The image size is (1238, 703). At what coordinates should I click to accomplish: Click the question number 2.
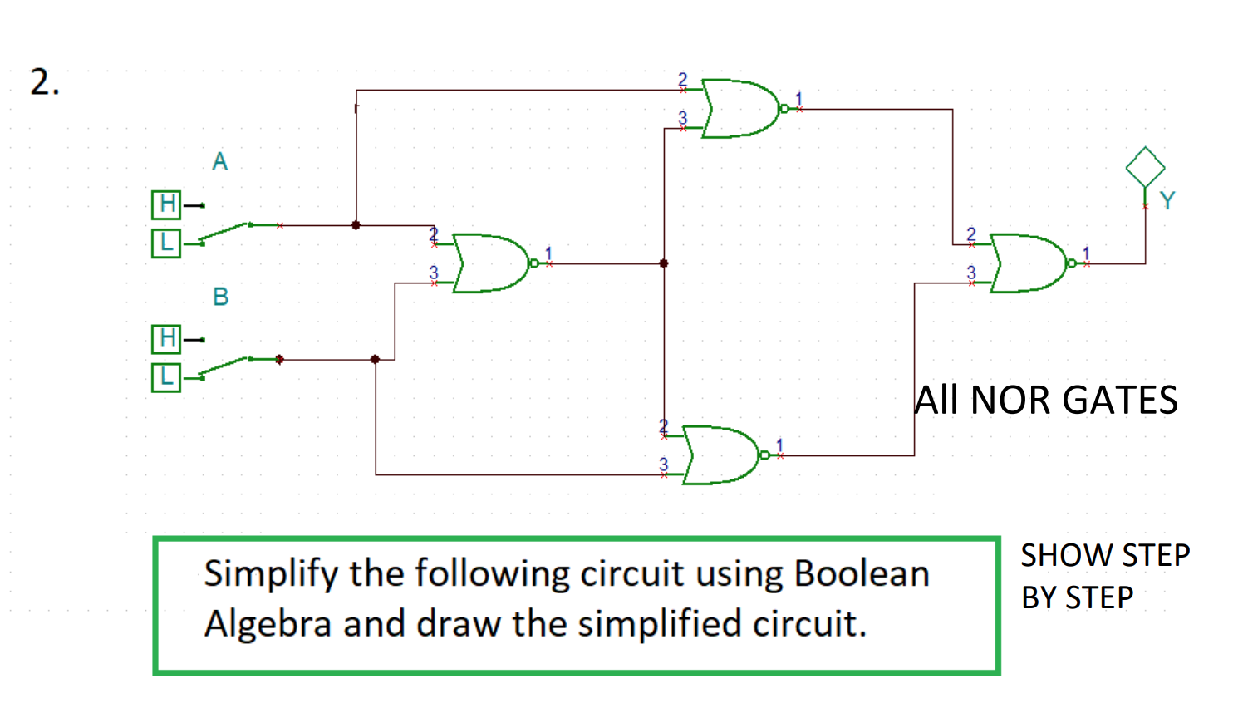(44, 82)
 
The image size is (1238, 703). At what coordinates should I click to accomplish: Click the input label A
(219, 161)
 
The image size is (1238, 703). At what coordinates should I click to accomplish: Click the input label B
(220, 297)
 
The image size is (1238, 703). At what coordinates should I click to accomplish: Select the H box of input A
(166, 204)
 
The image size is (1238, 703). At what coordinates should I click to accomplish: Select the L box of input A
(166, 243)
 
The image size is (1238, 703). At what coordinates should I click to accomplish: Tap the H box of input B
(166, 338)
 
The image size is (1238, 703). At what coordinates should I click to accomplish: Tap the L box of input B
(166, 377)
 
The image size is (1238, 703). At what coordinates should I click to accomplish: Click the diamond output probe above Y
(1145, 167)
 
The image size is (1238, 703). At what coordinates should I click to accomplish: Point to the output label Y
(1167, 201)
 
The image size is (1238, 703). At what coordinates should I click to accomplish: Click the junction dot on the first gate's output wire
(664, 263)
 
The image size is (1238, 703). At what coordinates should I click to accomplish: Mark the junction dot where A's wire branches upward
(356, 225)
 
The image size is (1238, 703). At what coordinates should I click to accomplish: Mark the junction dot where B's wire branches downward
(376, 359)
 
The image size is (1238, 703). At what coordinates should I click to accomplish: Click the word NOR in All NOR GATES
(1012, 401)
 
